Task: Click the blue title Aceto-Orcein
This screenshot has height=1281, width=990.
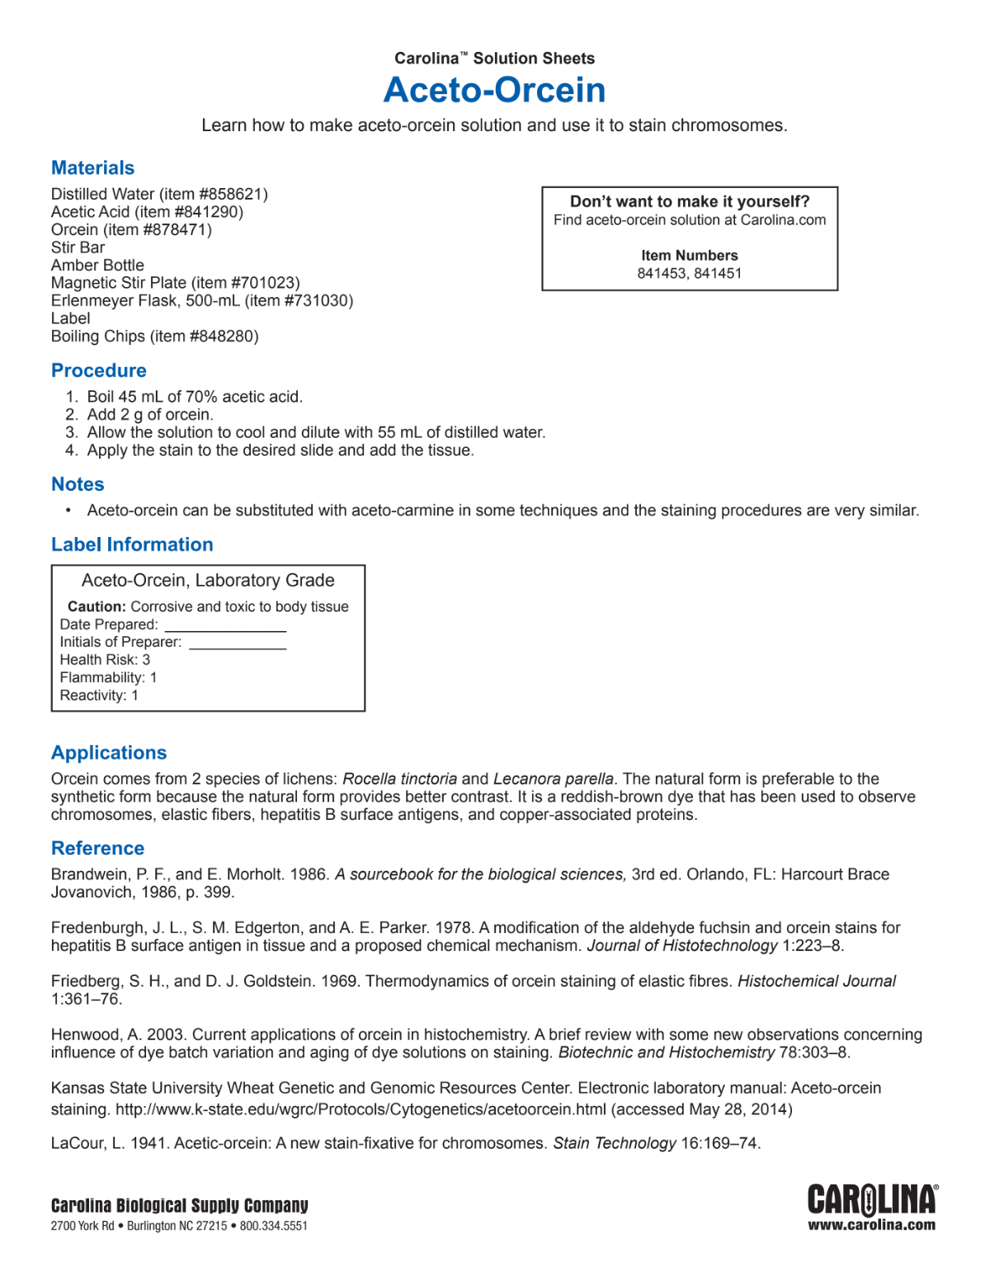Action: pos(494,90)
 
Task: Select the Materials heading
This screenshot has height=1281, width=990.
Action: pos(92,168)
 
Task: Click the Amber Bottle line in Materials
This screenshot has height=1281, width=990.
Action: pos(97,265)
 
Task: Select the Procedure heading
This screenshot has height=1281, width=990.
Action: pos(99,370)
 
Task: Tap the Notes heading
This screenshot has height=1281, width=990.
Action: pos(78,484)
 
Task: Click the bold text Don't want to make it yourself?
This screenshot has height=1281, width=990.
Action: pos(690,201)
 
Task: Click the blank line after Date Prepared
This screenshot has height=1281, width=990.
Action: pos(225,627)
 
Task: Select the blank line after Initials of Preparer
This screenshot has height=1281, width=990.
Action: pos(238,644)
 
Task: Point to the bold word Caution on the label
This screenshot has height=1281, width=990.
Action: pos(97,607)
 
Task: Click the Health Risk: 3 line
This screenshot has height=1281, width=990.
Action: pos(105,660)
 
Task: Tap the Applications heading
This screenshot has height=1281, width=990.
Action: pos(109,753)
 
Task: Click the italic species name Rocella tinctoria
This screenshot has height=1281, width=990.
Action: pos(399,779)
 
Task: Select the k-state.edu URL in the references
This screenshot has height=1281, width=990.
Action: pos(361,1109)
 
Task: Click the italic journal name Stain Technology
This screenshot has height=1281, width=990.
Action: pos(615,1143)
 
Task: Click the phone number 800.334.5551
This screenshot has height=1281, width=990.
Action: pos(273,1227)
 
